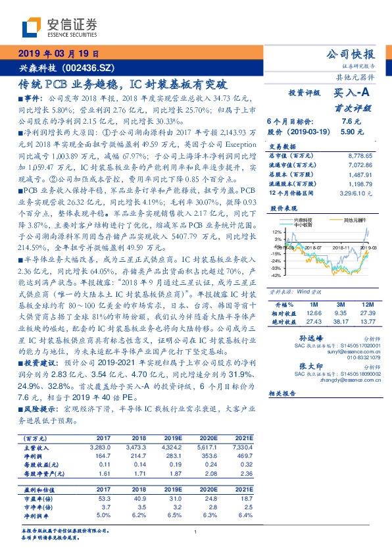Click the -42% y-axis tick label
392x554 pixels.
click(276, 294)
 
